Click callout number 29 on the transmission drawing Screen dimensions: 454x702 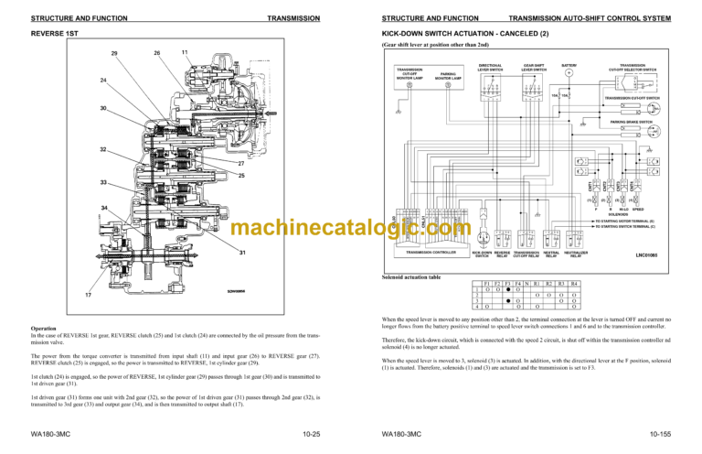(113, 53)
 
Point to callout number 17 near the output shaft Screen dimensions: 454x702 (88, 295)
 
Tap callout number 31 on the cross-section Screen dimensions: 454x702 (241, 253)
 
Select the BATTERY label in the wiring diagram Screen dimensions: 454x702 (569, 66)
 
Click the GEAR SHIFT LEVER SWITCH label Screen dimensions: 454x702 (535, 68)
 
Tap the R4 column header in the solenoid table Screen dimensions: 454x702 (574, 285)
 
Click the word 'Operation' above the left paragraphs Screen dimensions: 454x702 (45, 327)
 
